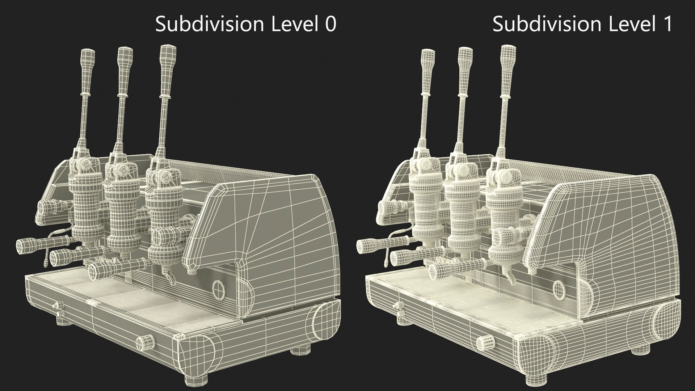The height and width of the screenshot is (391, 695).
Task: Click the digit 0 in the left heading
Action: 329,24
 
